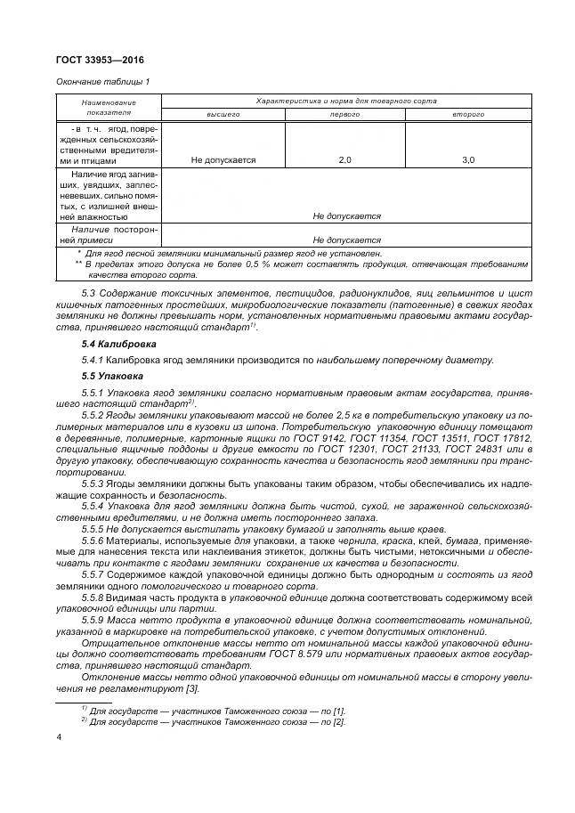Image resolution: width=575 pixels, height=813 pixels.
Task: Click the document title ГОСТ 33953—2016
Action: pos(100,60)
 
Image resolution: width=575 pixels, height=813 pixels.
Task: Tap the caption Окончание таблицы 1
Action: pos(103,82)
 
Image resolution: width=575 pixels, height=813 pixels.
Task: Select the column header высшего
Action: pos(223,115)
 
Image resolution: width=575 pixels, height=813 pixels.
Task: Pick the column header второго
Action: pos(468,115)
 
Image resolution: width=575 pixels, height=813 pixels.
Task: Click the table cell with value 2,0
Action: pos(345,160)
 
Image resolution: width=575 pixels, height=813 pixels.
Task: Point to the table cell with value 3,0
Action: pos(468,160)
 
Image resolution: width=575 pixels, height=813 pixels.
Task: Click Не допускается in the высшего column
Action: pos(223,160)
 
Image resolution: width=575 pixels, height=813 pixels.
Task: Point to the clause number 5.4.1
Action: pos(92,360)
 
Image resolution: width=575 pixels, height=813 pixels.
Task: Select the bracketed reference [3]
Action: pos(191,688)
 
